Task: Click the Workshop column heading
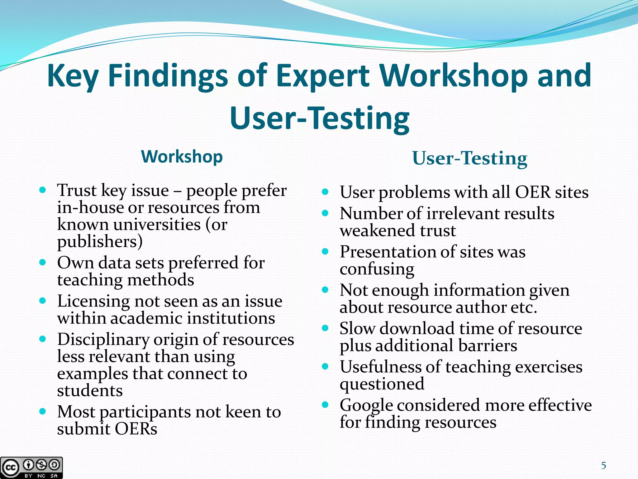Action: click(x=182, y=157)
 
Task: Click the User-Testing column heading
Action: click(x=469, y=158)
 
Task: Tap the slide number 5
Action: click(x=603, y=466)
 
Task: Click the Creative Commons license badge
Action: click(x=31, y=467)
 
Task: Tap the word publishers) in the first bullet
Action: click(x=100, y=242)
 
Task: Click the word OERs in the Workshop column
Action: click(x=136, y=429)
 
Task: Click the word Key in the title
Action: click(x=73, y=76)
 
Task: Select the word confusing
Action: click(x=377, y=269)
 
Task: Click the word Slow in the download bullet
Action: click(x=357, y=329)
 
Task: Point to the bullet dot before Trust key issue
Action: click(x=43, y=190)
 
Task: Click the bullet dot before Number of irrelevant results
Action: click(x=325, y=213)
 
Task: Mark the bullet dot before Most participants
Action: click(x=43, y=411)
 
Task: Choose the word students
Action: click(x=90, y=391)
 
